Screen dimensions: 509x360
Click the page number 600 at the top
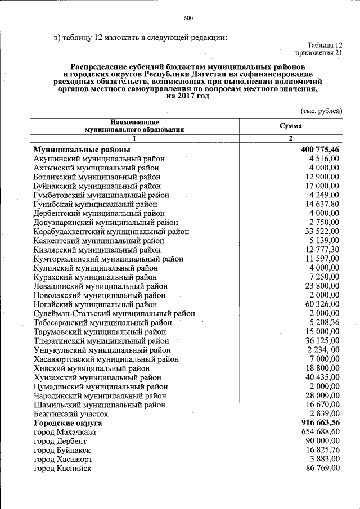(x=188, y=19)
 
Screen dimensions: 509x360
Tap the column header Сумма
(x=290, y=126)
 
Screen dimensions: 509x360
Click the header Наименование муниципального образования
(x=134, y=126)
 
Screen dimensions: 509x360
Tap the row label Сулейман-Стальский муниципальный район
(x=114, y=313)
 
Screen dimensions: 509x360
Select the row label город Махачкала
(x=65, y=432)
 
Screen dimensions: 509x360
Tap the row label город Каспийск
(x=62, y=468)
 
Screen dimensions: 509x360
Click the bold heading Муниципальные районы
(x=82, y=150)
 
